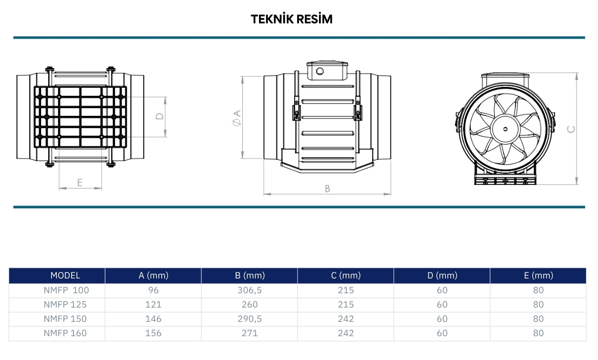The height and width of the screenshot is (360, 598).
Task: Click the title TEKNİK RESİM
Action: [291, 19]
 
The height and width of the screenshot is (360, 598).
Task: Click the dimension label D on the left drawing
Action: [160, 116]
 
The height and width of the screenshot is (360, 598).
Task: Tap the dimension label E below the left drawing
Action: [80, 183]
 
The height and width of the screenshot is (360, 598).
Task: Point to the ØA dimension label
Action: [237, 118]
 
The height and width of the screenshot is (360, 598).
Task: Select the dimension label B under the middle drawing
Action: [328, 189]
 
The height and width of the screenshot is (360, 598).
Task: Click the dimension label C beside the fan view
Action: [571, 129]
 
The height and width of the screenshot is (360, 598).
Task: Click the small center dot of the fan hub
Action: [505, 129]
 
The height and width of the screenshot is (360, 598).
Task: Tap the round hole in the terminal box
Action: [320, 71]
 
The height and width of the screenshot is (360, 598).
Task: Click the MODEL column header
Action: [65, 276]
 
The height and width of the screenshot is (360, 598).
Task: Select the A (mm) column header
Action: [154, 276]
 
